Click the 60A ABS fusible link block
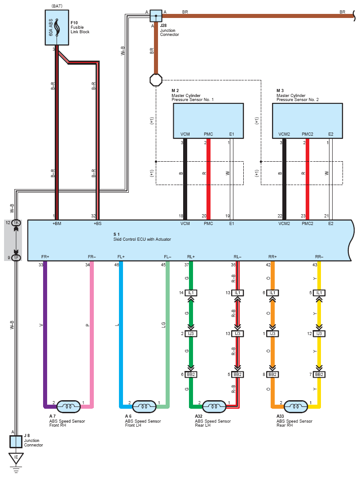pos(57,27)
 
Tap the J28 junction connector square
pos(156,16)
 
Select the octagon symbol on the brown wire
pos(156,80)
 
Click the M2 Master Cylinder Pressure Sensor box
pos(208,121)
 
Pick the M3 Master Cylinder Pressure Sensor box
pos(307,121)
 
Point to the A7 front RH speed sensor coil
pos(69,406)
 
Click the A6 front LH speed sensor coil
pos(145,406)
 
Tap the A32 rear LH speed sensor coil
pos(214,406)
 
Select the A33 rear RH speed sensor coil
pos(295,406)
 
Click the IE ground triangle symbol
pos(16,458)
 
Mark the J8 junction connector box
pos(16,442)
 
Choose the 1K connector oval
pos(16,223)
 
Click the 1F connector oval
pos(16,258)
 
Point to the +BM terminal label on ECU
pos(57,224)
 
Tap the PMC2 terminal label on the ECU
pos(307,224)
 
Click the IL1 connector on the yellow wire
pos(319,293)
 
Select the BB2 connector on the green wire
pos(191,375)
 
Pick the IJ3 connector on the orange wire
pos(272,334)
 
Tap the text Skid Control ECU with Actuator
pos(142,239)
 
